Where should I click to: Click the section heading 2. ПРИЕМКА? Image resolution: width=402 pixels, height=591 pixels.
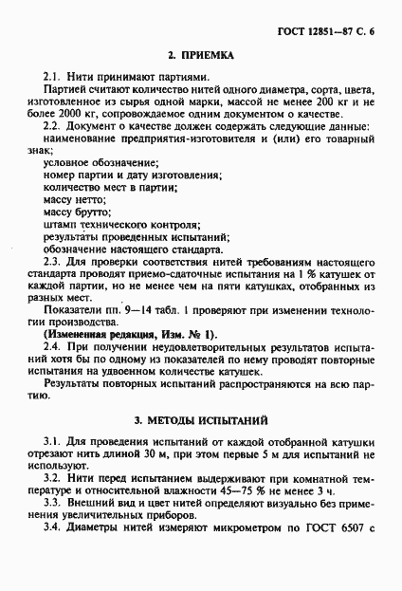click(x=200, y=57)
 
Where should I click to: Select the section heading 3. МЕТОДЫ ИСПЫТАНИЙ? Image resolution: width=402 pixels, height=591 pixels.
click(x=201, y=418)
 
